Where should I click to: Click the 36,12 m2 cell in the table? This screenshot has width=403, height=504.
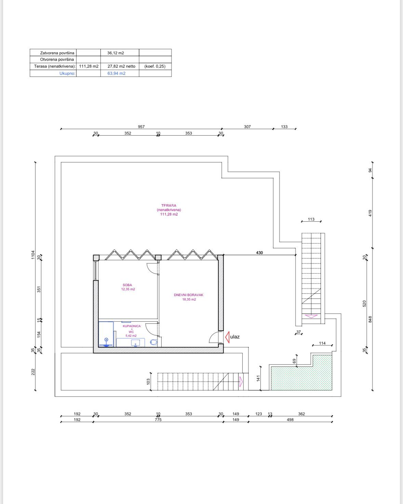coord(116,53)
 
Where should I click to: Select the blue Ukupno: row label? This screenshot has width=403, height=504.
coord(67,73)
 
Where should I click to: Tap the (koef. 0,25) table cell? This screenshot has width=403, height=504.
coord(155,66)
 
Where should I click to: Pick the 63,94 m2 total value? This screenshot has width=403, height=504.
coord(117,73)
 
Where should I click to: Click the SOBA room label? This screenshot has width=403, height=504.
coord(127,285)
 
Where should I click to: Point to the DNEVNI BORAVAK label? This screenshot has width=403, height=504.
coord(188,295)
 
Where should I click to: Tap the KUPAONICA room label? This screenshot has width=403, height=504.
coord(132,326)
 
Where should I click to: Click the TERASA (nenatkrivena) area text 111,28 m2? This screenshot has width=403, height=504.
coord(169,214)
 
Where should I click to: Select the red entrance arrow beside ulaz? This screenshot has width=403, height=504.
coord(227,337)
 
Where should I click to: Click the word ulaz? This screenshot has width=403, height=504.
coord(235,337)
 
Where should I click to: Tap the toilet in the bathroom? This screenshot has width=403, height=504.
coord(154,342)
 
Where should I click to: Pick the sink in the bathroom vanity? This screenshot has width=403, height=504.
coord(135,343)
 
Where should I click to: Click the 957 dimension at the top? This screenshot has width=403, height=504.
coord(141,127)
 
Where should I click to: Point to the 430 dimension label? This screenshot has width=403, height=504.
coord(259,253)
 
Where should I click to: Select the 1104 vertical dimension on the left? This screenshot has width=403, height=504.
coord(33,255)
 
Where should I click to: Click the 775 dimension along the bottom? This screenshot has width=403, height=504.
coord(158,420)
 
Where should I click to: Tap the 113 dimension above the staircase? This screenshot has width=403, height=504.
coord(311,219)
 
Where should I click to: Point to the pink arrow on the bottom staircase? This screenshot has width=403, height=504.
coord(241,381)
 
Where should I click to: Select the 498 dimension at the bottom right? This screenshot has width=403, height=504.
coord(290,420)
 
